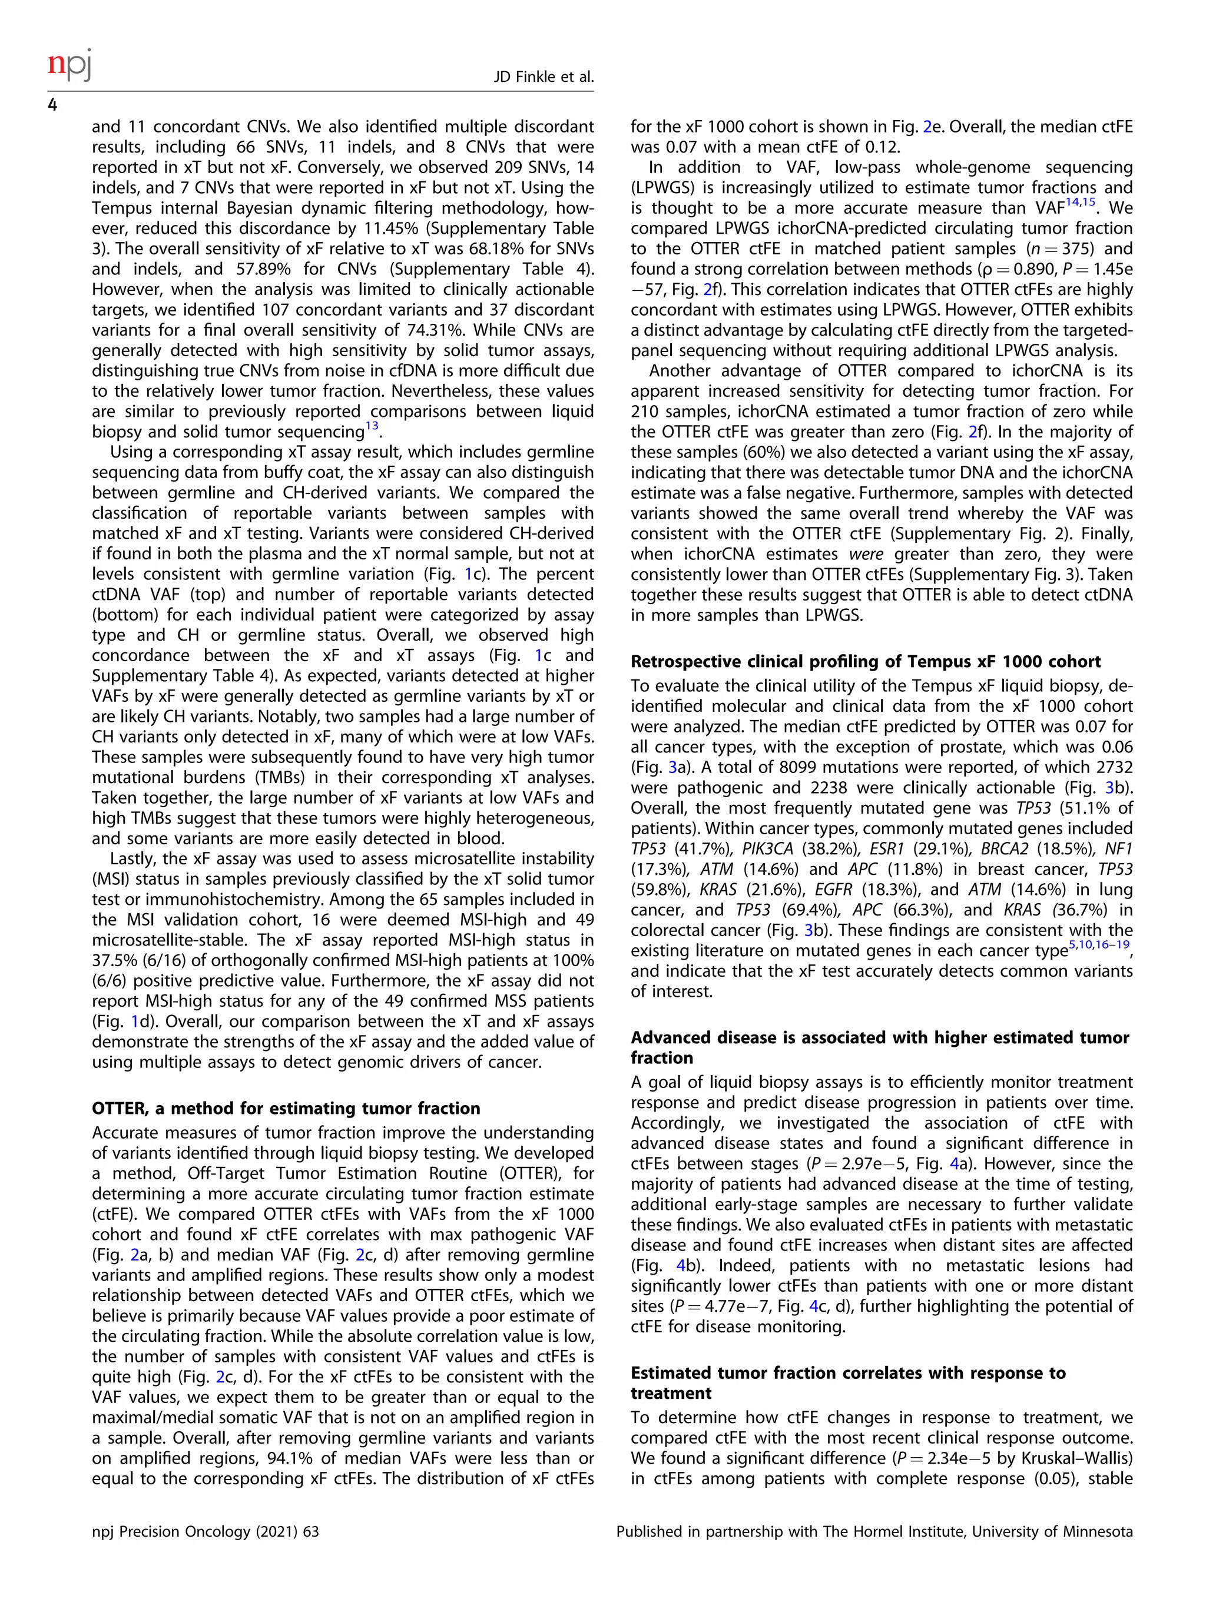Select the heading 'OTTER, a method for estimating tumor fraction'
[286, 1108]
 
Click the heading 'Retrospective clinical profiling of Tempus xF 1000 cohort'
[865, 661]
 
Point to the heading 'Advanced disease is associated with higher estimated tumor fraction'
[879, 1047]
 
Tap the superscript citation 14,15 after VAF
[1080, 202]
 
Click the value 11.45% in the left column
[396, 228]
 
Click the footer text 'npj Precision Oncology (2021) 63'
[205, 1532]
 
